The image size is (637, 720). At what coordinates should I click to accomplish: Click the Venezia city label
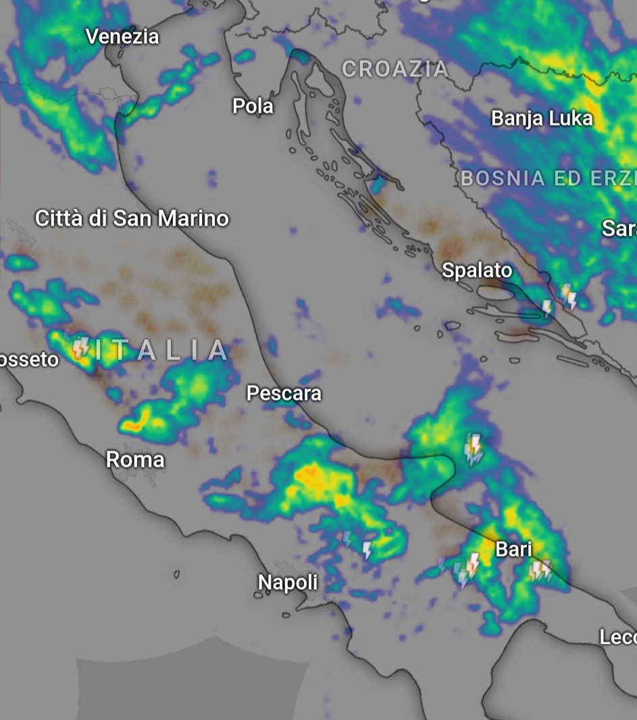(122, 36)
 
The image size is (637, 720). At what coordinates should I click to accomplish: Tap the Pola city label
(253, 106)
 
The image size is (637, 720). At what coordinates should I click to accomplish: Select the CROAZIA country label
(395, 69)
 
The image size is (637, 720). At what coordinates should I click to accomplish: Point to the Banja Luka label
(542, 119)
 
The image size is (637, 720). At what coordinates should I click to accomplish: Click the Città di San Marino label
(132, 219)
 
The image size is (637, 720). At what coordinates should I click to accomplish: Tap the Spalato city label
(477, 271)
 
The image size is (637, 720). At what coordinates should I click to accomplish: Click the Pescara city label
(284, 393)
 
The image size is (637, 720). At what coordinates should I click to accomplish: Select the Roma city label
(135, 460)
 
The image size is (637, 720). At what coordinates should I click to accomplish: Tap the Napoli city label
(288, 582)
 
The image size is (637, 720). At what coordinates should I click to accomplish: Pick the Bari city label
(513, 549)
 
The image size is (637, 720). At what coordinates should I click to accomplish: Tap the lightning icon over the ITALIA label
(81, 347)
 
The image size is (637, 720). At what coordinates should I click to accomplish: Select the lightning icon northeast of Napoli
(367, 549)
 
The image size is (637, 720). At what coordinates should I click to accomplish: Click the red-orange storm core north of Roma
(136, 424)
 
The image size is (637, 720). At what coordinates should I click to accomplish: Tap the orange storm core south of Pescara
(312, 476)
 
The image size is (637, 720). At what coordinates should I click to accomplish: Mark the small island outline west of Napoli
(176, 575)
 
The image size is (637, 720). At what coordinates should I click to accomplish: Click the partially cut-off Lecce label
(617, 637)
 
